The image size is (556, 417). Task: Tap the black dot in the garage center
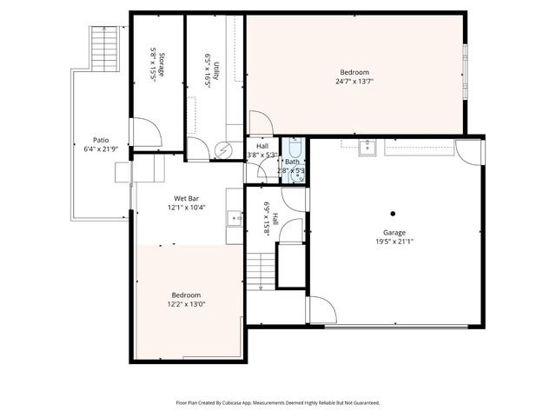coord(393,213)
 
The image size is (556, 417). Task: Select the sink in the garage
coord(367,146)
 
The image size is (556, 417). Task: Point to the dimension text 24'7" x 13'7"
coord(354,82)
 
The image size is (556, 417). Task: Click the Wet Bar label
coord(187,199)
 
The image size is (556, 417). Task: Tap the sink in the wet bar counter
coord(233,217)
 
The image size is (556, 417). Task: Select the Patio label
coord(101,140)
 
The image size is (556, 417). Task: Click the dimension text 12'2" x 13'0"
coord(187,304)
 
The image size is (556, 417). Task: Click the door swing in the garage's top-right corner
coord(470,152)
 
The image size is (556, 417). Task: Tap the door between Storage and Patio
coord(143,132)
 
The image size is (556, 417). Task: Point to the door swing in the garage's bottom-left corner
coord(321,310)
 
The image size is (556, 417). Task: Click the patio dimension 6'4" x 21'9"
coord(101,149)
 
